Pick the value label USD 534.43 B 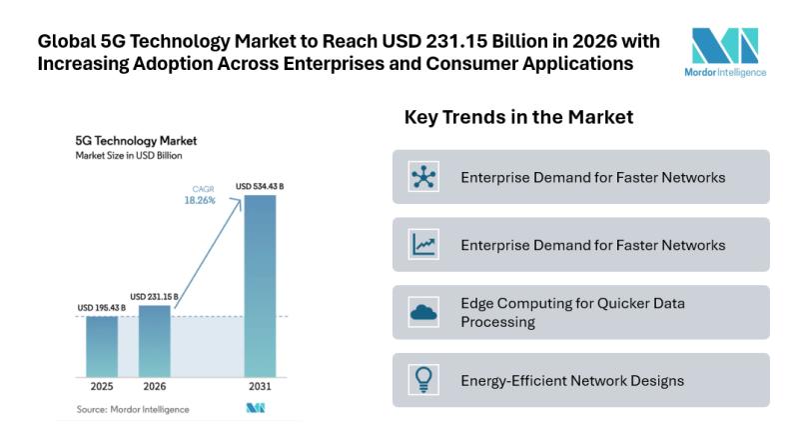[x=259, y=186]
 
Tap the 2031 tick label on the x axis [x=259, y=386]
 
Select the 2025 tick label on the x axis [x=101, y=386]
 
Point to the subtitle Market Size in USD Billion [x=129, y=156]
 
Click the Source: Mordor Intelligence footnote [x=133, y=409]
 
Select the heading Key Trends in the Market [x=518, y=117]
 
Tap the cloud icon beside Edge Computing [x=423, y=312]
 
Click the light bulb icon [x=423, y=380]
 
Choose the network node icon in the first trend [x=423, y=177]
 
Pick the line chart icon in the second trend [x=423, y=244]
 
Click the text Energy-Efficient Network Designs [x=571, y=380]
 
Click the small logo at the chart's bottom [x=255, y=408]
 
